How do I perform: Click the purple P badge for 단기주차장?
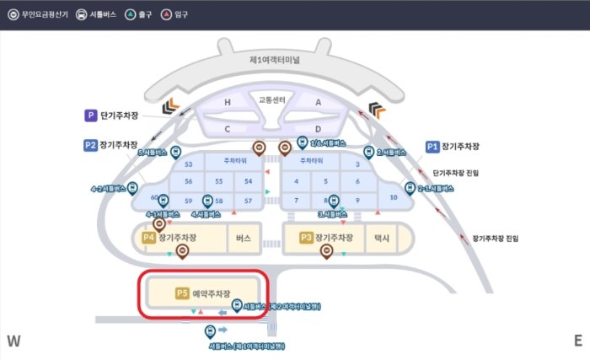[x=89, y=116]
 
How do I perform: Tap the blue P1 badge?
[x=432, y=146]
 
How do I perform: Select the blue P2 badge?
[x=90, y=145]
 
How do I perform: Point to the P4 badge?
[x=148, y=239]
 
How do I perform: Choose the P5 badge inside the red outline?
[x=181, y=293]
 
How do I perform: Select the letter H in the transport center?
[x=227, y=103]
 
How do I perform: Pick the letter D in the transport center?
[x=318, y=129]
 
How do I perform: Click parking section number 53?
[x=189, y=164]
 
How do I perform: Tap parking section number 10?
[x=394, y=197]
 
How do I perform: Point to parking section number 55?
[x=218, y=181]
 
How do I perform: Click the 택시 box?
[x=383, y=239]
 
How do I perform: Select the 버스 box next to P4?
[x=244, y=239]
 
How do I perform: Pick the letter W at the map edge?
[x=13, y=341]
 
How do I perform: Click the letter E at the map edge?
[x=577, y=341]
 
